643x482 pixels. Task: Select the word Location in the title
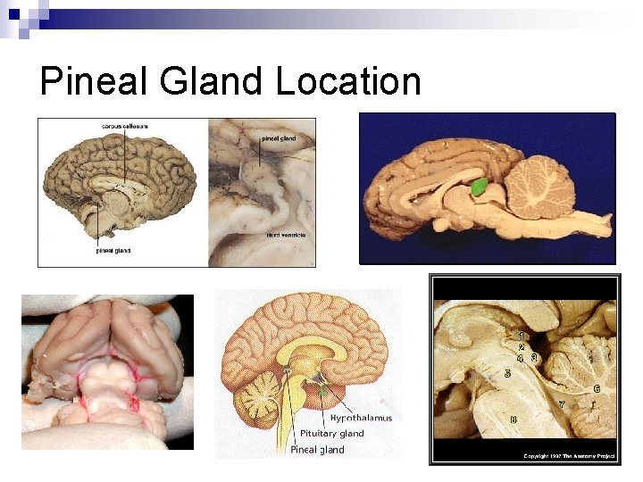[x=348, y=82]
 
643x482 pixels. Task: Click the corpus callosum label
[x=124, y=126]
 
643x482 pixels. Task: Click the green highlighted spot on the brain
[x=480, y=187]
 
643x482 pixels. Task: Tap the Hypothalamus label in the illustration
[x=361, y=418]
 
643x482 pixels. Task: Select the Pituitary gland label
[x=331, y=434]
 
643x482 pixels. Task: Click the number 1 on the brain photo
[x=522, y=337]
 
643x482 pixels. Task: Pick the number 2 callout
[x=522, y=347]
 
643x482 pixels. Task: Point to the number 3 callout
[x=534, y=358]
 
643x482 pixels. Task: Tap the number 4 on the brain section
[x=521, y=358]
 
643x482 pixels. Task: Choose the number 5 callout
[x=507, y=373]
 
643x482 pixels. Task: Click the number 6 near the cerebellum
[x=597, y=389]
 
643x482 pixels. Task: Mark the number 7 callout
[x=561, y=404]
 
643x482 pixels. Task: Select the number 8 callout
[x=513, y=419]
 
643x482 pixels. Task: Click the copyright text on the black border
[x=566, y=456]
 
